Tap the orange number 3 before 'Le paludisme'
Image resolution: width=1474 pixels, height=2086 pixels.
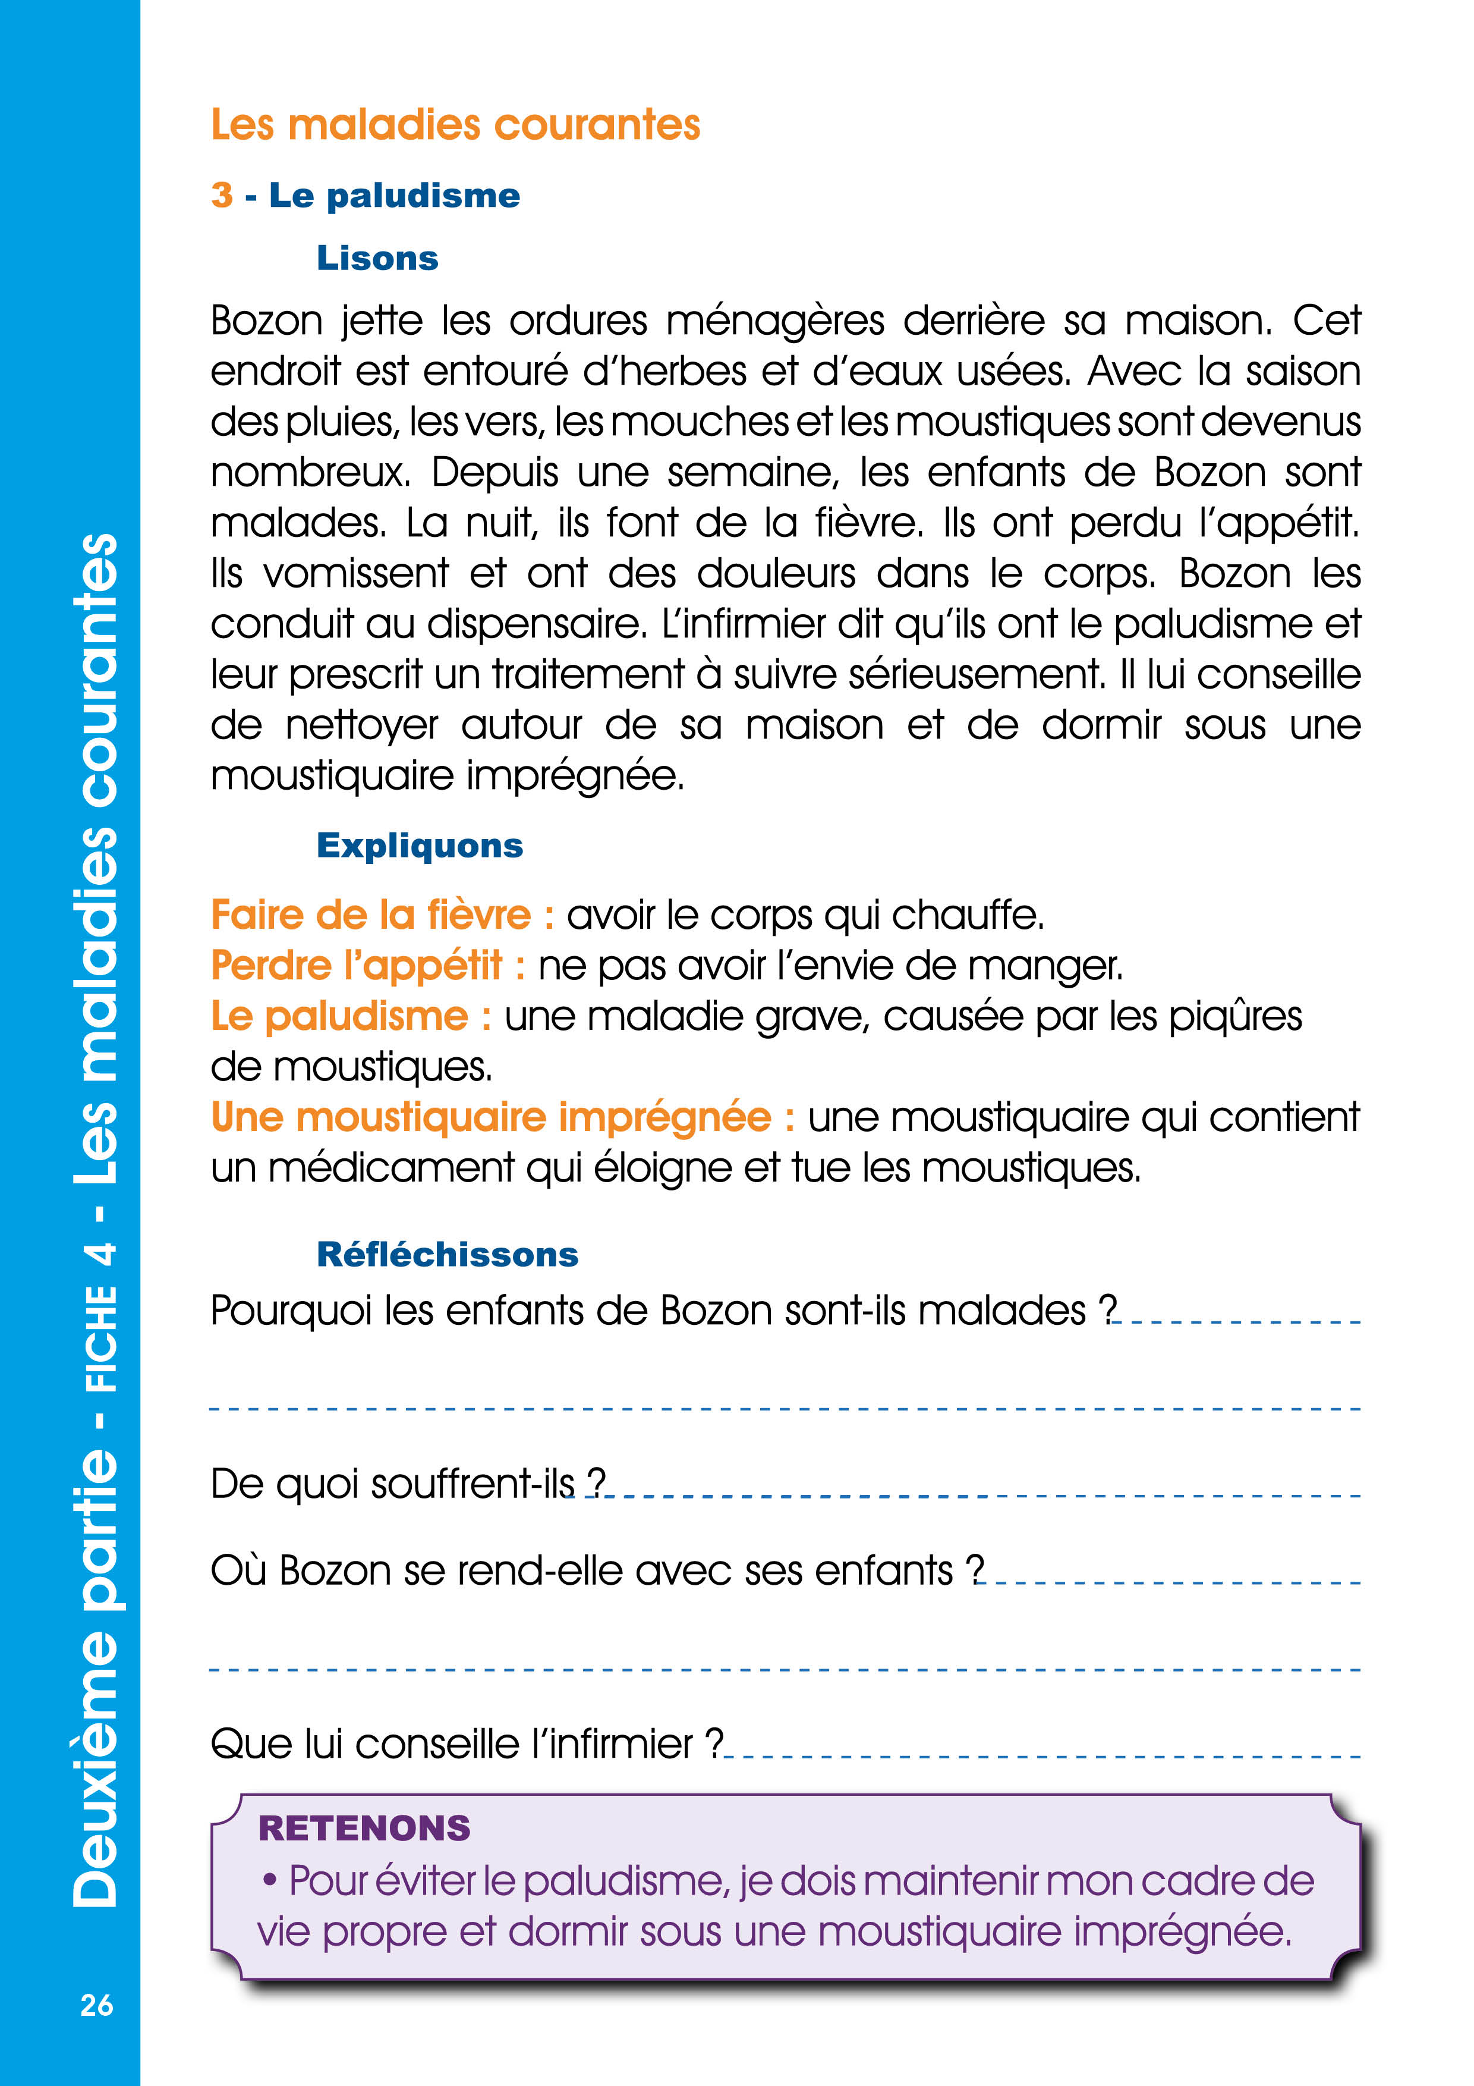[222, 195]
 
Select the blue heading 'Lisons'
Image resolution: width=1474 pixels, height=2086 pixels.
[377, 258]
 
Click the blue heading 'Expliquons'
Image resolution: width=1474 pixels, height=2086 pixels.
[420, 846]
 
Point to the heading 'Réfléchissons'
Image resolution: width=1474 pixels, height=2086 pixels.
[447, 1255]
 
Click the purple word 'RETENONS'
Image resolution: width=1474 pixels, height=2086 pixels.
[364, 1827]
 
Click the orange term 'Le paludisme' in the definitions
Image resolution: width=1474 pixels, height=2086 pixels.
[339, 1016]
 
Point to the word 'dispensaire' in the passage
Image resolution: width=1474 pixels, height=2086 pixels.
[533, 624]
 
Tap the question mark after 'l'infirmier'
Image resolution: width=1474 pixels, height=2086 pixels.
[715, 1743]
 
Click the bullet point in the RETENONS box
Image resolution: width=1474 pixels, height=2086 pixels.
[270, 1880]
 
